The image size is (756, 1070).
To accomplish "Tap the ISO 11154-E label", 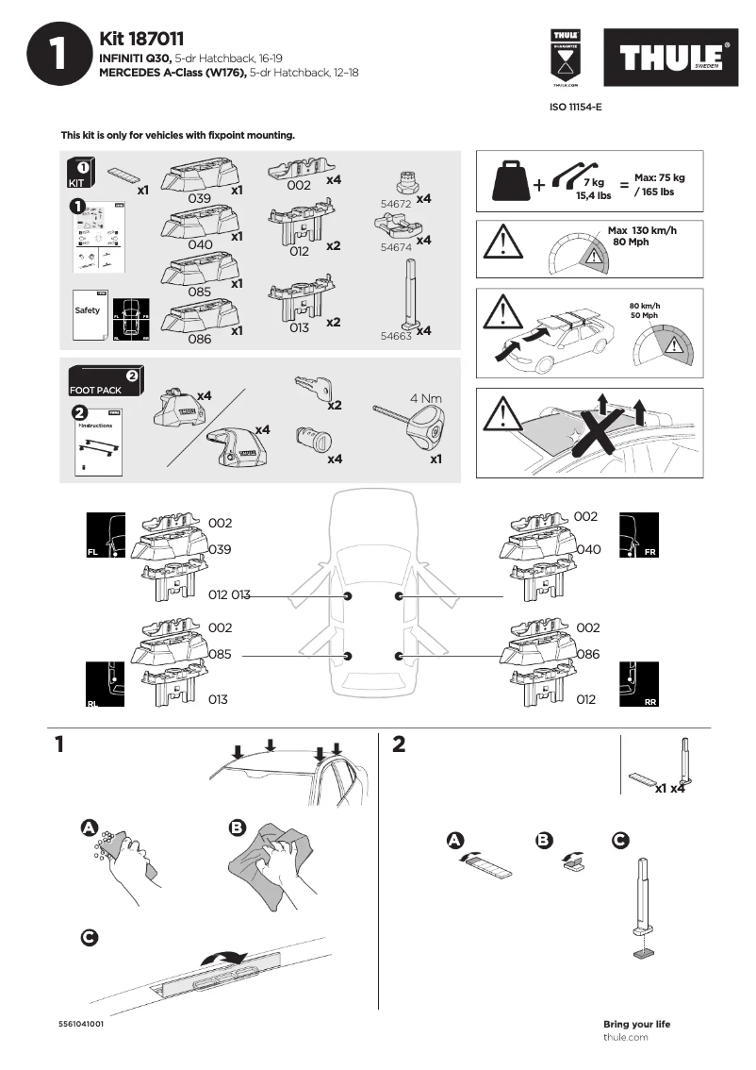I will click(576, 107).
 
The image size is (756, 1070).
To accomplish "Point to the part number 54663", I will click(395, 334).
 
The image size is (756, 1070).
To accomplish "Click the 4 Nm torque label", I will click(426, 398).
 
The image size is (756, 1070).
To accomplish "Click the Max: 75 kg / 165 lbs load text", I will click(659, 184).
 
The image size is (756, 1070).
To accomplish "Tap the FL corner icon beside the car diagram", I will click(106, 536).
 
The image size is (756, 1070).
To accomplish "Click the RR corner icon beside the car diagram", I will click(637, 683).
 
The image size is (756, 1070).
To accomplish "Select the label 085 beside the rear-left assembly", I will click(221, 653).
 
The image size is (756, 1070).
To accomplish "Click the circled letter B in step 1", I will click(237, 828).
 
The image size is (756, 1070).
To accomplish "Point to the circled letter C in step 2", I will click(619, 839).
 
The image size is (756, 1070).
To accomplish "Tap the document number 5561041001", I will click(80, 1023).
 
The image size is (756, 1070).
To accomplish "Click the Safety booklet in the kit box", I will click(87, 311).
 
